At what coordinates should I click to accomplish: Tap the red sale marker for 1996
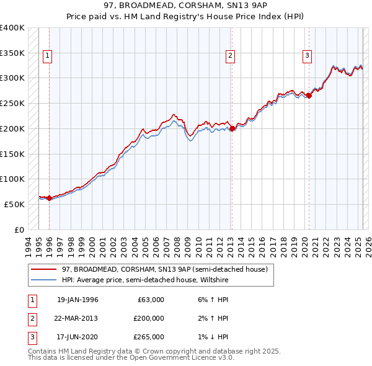tap(49, 199)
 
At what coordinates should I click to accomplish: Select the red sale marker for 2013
tap(231, 129)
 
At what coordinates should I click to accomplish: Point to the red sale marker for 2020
tap(309, 96)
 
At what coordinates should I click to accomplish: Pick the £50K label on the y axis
tap(14, 204)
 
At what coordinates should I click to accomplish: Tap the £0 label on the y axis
tap(19, 230)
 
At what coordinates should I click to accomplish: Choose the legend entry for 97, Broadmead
tap(164, 269)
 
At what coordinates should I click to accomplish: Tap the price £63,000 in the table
tap(149, 300)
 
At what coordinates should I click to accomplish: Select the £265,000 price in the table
tap(149, 337)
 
